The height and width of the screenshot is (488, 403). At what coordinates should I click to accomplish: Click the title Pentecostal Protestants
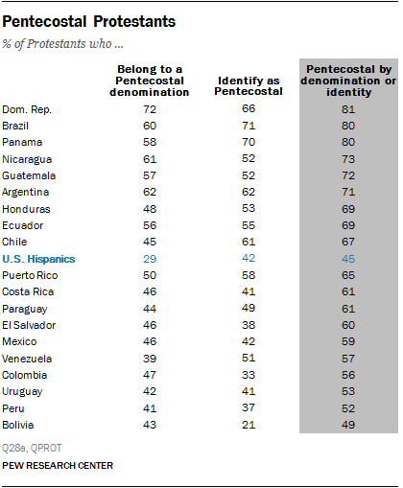pyautogui.click(x=89, y=22)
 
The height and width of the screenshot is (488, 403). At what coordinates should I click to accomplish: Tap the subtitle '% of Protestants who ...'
pyautogui.click(x=62, y=44)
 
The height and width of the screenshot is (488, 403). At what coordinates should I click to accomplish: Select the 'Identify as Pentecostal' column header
pyautogui.click(x=249, y=86)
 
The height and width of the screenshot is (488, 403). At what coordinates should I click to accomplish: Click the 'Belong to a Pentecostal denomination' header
pyautogui.click(x=150, y=81)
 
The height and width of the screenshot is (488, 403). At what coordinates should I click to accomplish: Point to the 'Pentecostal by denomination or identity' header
pyautogui.click(x=348, y=81)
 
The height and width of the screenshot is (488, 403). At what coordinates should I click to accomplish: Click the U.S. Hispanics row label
pyautogui.click(x=38, y=259)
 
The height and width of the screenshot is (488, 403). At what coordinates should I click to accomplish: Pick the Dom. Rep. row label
pyautogui.click(x=27, y=109)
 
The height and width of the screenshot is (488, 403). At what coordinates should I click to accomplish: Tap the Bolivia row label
pyautogui.click(x=18, y=425)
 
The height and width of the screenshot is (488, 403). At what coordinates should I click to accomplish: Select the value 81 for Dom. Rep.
pyautogui.click(x=348, y=109)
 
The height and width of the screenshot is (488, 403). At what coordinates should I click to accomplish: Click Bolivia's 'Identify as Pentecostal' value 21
pyautogui.click(x=249, y=425)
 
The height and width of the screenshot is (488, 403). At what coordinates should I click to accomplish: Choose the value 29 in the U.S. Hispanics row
pyautogui.click(x=150, y=259)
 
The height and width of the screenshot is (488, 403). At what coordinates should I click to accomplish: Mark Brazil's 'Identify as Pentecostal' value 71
pyautogui.click(x=249, y=126)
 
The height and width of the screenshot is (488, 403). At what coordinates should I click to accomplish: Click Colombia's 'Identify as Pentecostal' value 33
pyautogui.click(x=249, y=375)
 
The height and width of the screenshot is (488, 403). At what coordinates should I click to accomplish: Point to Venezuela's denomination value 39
pyautogui.click(x=150, y=359)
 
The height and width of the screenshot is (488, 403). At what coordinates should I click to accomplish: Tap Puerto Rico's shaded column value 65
pyautogui.click(x=348, y=275)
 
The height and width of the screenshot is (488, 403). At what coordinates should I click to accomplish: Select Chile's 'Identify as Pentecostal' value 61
pyautogui.click(x=249, y=242)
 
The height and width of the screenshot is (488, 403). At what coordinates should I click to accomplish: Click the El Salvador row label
pyautogui.click(x=29, y=325)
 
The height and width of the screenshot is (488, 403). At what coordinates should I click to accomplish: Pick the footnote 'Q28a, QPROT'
pyautogui.click(x=32, y=448)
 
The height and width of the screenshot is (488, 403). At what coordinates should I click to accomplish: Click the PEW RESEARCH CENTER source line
pyautogui.click(x=58, y=466)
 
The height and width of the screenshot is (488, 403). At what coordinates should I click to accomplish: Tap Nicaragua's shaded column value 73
pyautogui.click(x=348, y=159)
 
